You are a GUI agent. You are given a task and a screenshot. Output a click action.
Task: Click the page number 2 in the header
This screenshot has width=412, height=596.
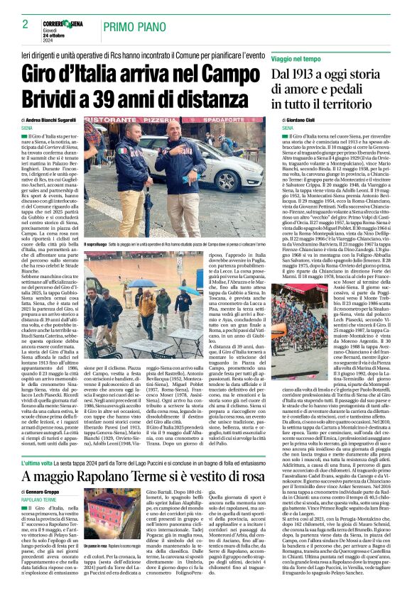tap(25, 24)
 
